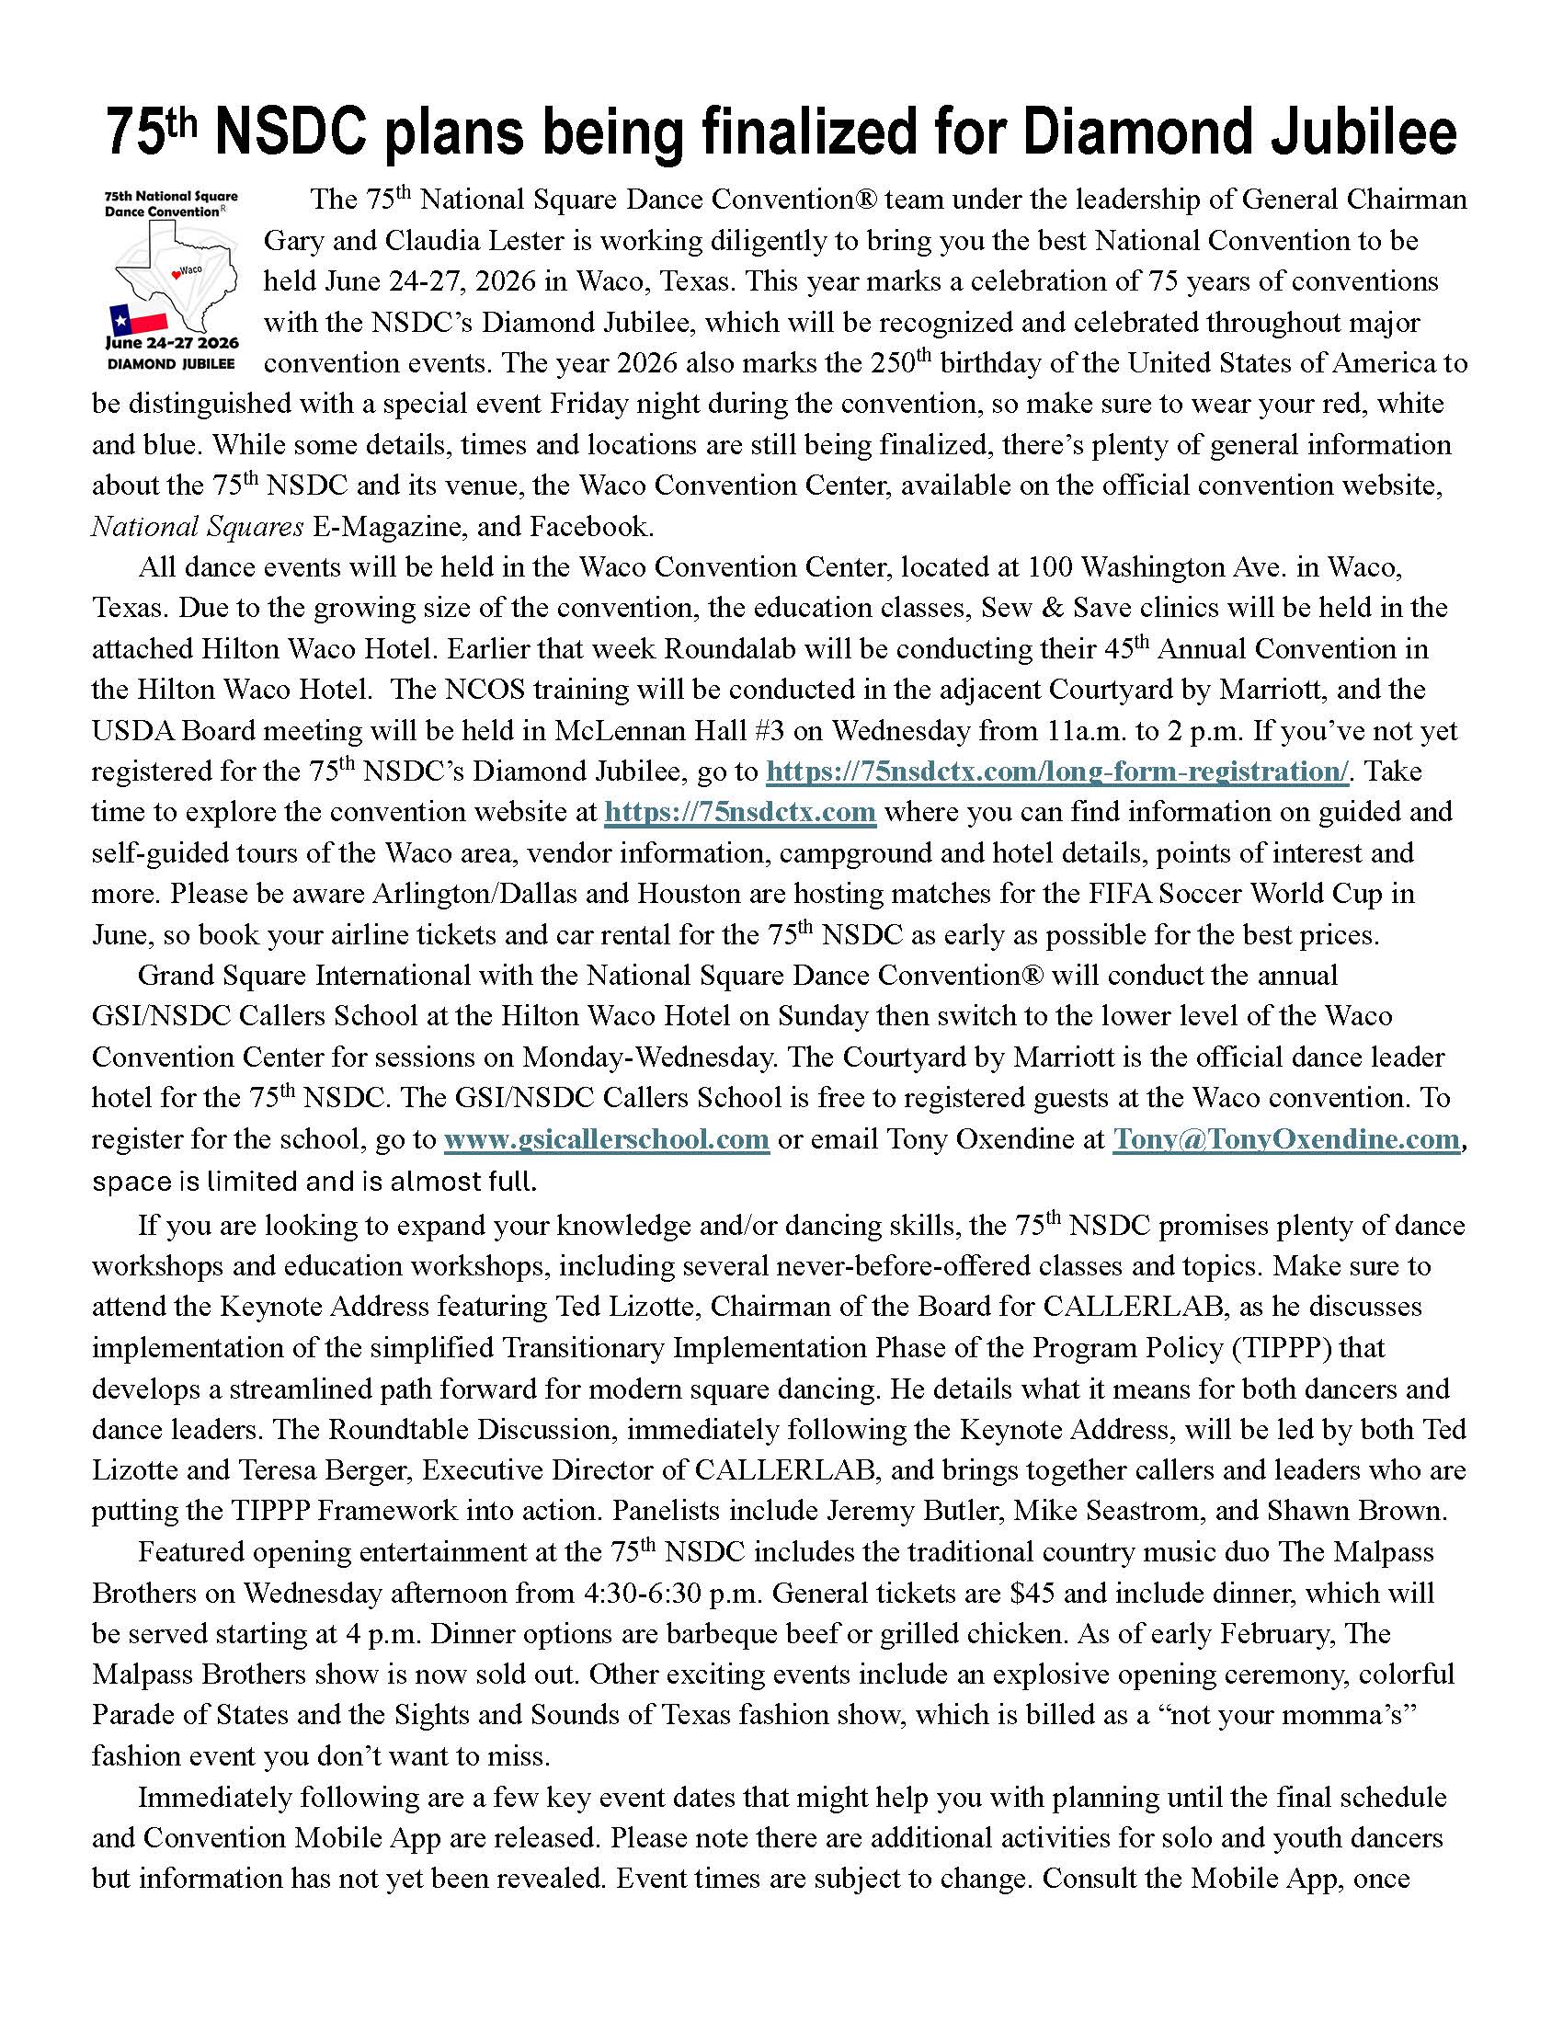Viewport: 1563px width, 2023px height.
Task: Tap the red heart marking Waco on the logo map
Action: point(176,272)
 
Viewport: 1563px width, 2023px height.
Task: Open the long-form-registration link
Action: point(1057,771)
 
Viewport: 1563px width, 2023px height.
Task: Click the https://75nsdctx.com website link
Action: point(740,812)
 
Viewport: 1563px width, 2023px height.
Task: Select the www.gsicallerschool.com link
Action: point(607,1139)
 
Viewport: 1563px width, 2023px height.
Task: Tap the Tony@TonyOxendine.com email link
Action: point(1286,1139)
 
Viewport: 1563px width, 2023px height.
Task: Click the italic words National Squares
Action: point(198,527)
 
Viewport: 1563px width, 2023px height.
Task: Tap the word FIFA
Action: point(1087,894)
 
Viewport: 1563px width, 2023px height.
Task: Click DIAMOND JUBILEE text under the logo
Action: point(171,364)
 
